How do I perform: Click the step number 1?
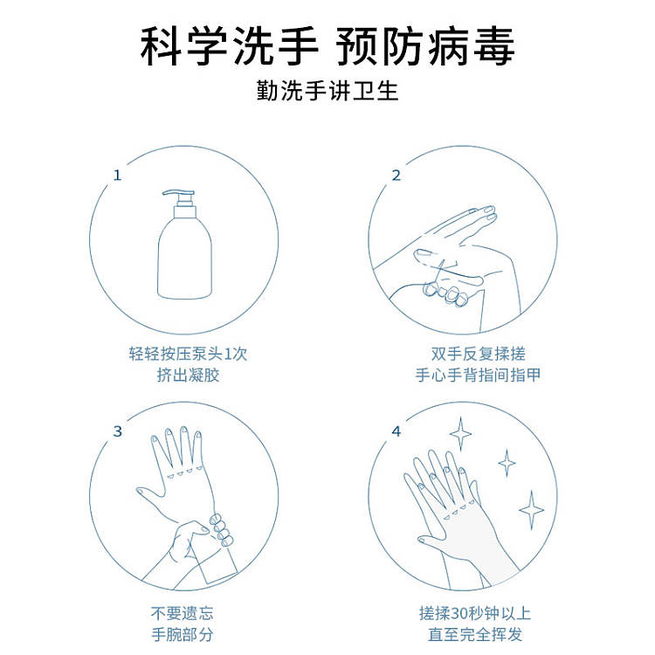point(117,175)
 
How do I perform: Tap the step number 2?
point(396,175)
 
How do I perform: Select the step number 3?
point(117,431)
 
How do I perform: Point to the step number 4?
point(396,431)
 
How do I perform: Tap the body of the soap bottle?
point(184,260)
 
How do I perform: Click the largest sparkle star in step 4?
point(531,510)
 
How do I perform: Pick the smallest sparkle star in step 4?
point(507,463)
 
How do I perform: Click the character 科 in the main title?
point(161,46)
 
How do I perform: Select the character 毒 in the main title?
point(493,46)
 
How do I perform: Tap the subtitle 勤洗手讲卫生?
point(327,91)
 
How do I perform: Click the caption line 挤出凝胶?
point(188,375)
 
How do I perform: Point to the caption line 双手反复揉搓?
point(478,354)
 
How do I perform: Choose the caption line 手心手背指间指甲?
point(478,375)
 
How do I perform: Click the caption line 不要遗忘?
point(183,613)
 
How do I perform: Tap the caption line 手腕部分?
point(183,634)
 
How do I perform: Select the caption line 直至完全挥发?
point(475,634)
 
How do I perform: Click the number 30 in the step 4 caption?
point(459,614)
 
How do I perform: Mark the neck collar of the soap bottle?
point(184,211)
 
